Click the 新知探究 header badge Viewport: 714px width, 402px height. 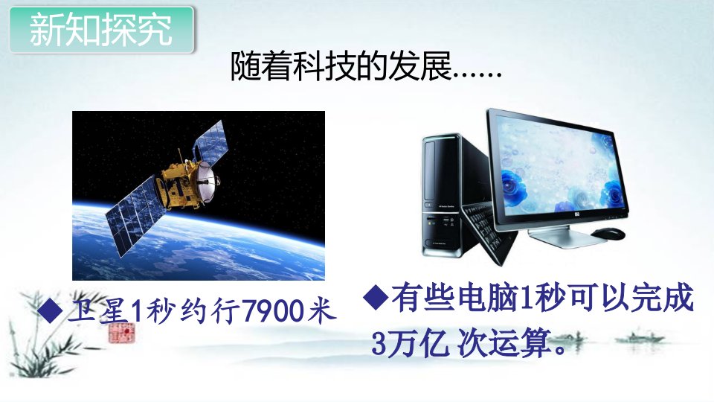(x=102, y=30)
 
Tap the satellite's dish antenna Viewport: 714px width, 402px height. (x=208, y=181)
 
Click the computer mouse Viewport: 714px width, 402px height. (x=608, y=233)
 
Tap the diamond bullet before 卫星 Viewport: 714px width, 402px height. (x=50, y=310)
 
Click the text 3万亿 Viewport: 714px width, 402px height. (x=408, y=343)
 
